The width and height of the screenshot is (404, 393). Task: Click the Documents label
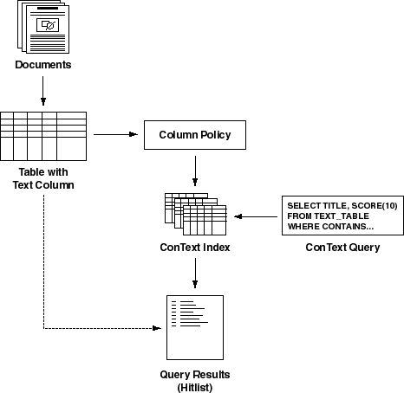43,65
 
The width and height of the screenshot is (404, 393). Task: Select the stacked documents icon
43,27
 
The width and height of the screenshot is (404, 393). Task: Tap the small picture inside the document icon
48,25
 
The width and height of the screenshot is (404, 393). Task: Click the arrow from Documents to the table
43,91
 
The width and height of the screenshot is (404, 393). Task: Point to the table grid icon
43,136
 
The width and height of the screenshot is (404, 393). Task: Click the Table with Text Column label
43,178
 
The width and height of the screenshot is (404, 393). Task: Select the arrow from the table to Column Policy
115,134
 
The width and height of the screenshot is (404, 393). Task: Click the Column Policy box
195,135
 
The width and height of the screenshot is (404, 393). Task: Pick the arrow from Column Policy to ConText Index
195,171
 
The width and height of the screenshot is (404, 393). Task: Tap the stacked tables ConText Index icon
196,214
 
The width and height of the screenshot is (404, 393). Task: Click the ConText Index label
195,248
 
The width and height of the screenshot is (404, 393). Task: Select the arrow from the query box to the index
256,216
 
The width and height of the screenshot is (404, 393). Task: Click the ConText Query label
342,248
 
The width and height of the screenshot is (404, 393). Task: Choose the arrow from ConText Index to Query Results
195,273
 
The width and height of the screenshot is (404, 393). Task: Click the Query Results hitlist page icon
195,327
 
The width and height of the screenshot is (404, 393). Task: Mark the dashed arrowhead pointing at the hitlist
157,328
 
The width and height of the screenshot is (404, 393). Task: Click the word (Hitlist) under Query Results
195,387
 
